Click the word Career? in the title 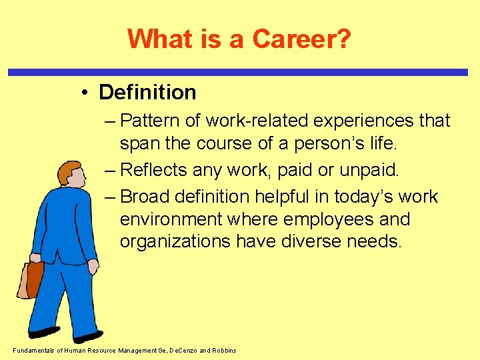tap(301, 39)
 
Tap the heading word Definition tap(147, 92)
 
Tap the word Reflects tap(154, 170)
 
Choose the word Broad tap(146, 197)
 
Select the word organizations tap(175, 241)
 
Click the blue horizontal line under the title tap(240, 71)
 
